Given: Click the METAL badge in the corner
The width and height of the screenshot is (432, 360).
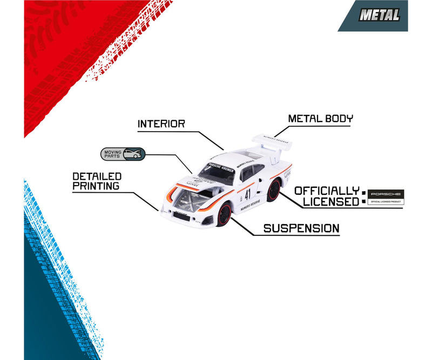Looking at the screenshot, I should click(x=380, y=16).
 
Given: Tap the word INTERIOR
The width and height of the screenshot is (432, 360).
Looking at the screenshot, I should click(x=161, y=124).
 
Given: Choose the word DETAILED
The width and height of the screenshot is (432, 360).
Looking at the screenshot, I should click(x=98, y=176).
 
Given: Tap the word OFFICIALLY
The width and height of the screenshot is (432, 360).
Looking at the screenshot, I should click(x=327, y=191).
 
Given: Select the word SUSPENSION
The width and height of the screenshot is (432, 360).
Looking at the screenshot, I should click(x=301, y=228).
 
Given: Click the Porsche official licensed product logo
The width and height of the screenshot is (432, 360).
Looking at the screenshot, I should click(x=385, y=197).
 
